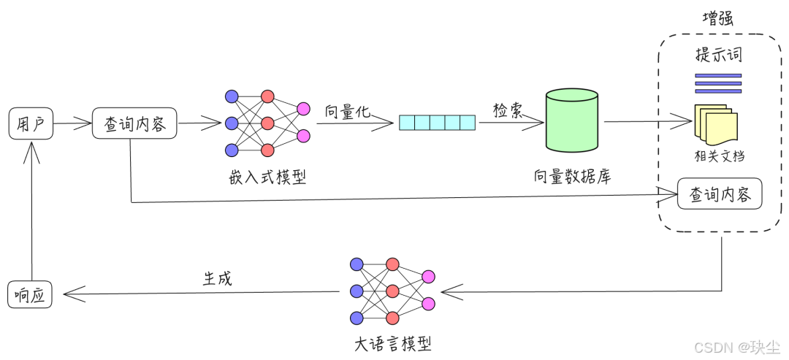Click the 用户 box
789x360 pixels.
pyautogui.click(x=30, y=123)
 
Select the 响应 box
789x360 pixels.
pyautogui.click(x=30, y=294)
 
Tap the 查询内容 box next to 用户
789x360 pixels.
pyautogui.click(x=135, y=123)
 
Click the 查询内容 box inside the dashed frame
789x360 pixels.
pyautogui.click(x=720, y=194)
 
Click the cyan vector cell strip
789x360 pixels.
pyautogui.click(x=437, y=123)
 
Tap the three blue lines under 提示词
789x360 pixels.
pyautogui.click(x=717, y=83)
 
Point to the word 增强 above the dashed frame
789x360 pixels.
pyautogui.click(x=717, y=20)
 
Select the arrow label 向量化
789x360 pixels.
pyautogui.click(x=348, y=111)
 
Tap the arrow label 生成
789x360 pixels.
pyautogui.click(x=217, y=278)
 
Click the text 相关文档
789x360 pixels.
pyautogui.click(x=720, y=156)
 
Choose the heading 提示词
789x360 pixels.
pyautogui.click(x=718, y=55)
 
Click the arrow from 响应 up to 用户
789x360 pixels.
pyautogui.click(x=31, y=212)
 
